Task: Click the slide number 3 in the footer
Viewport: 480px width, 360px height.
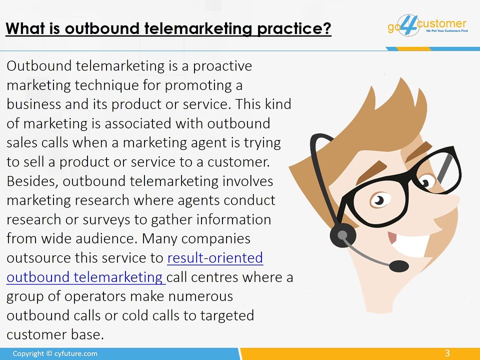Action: [x=447, y=353]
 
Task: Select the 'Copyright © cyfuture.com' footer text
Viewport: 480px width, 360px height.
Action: [x=55, y=353]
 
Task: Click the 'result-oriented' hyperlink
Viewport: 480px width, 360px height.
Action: [x=215, y=258]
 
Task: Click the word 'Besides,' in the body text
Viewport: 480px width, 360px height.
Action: [x=33, y=181]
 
